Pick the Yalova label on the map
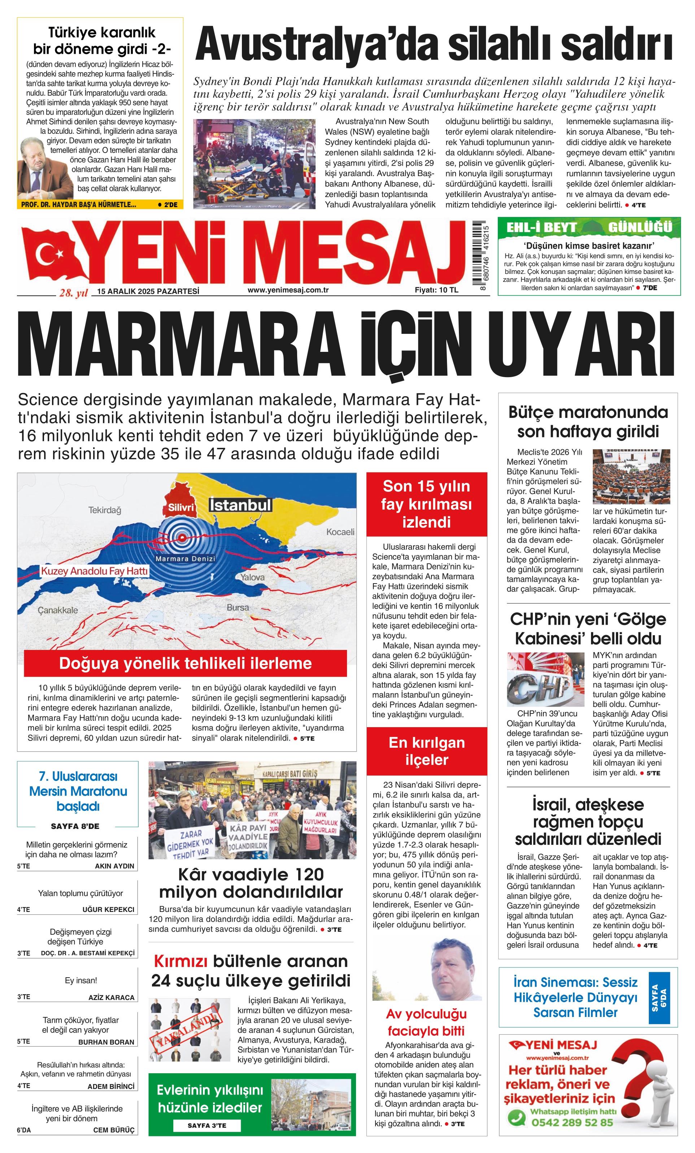pos(252,577)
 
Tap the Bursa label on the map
pos(238,607)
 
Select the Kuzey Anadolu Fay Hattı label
pos(94,571)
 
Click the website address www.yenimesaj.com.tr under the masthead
pos(288,290)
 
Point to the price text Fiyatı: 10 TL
pos(436,290)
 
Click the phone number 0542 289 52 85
pos(572,1122)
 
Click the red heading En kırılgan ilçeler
pos(426,751)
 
